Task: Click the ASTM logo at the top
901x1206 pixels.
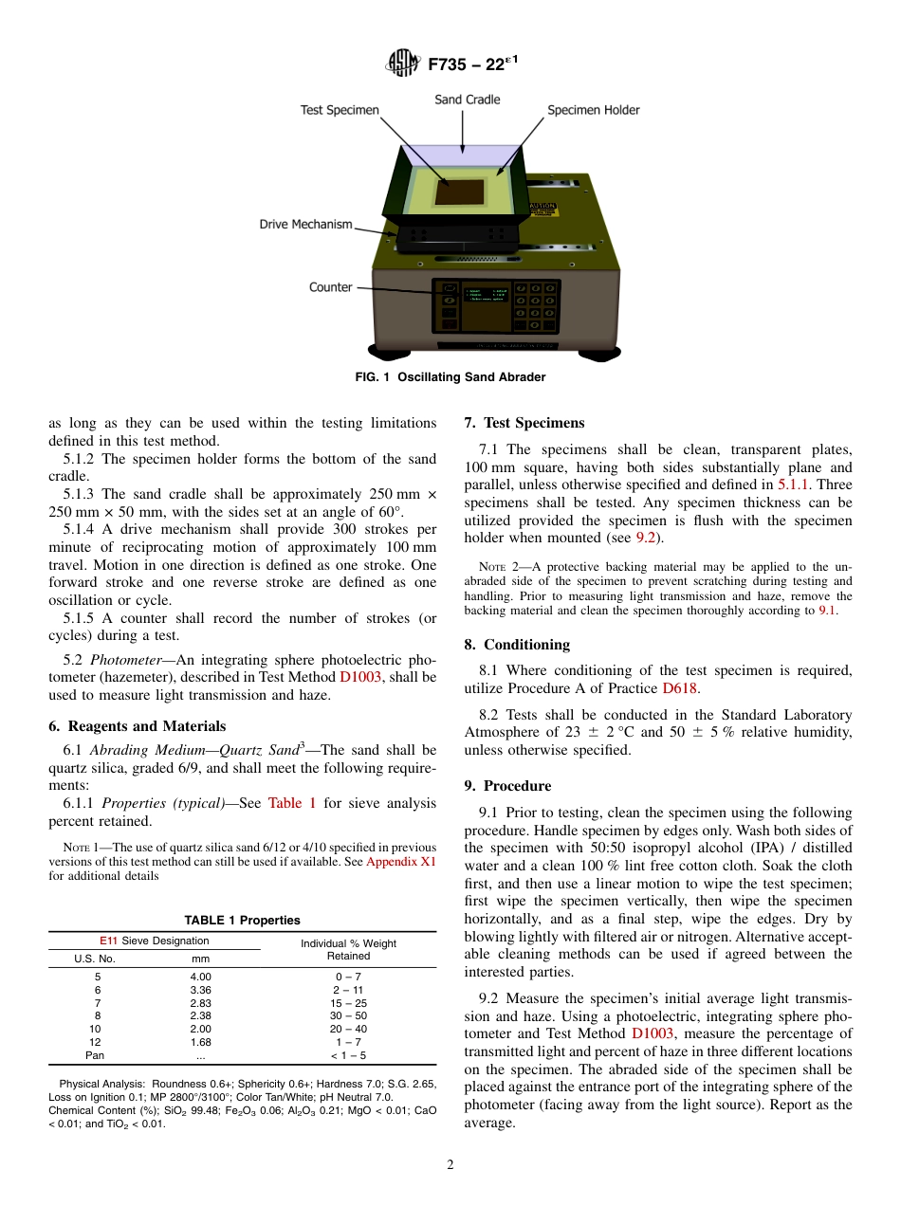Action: pyautogui.click(x=402, y=64)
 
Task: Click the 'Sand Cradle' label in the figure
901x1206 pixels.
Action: pyautogui.click(x=467, y=100)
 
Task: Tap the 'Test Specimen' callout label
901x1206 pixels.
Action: pyautogui.click(x=340, y=110)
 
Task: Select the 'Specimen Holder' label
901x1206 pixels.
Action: pyautogui.click(x=593, y=110)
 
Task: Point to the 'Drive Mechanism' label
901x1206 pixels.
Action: pyautogui.click(x=305, y=225)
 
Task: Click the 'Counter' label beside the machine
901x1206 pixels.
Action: pyautogui.click(x=330, y=287)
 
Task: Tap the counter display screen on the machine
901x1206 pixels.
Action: pyautogui.click(x=485, y=304)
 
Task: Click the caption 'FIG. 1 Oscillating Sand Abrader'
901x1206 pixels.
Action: pyautogui.click(x=450, y=377)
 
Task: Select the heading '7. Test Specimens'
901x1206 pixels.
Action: pyautogui.click(x=524, y=423)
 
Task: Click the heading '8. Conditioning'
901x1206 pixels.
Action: pyautogui.click(x=517, y=645)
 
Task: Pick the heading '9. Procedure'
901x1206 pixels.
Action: pyautogui.click(x=507, y=786)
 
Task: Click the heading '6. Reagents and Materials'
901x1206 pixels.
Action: pyautogui.click(x=137, y=726)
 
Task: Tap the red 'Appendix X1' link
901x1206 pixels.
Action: pyautogui.click(x=400, y=862)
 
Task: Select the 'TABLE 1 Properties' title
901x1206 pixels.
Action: pyautogui.click(x=242, y=920)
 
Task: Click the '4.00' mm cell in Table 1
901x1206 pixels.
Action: pyautogui.click(x=201, y=977)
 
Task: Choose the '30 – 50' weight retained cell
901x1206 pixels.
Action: pyautogui.click(x=348, y=1015)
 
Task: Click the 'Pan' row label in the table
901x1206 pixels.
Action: pyautogui.click(x=95, y=1054)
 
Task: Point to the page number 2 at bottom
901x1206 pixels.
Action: pyautogui.click(x=450, y=1165)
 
